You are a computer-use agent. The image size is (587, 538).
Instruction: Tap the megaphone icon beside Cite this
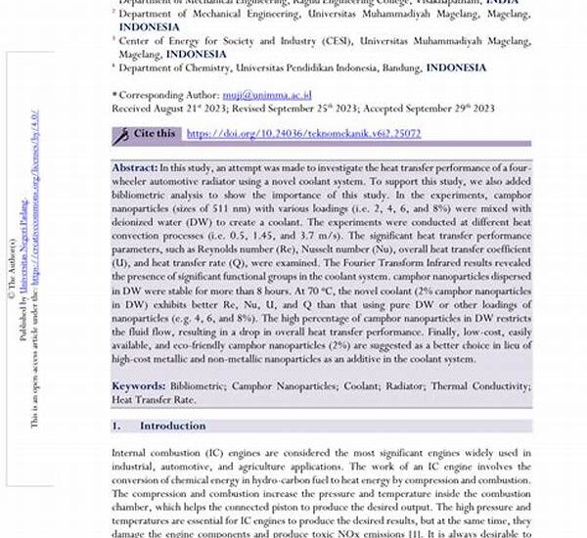click(x=122, y=133)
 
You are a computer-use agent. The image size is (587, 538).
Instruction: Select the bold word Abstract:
click(x=134, y=168)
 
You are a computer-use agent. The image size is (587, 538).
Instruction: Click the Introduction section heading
click(x=172, y=426)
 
